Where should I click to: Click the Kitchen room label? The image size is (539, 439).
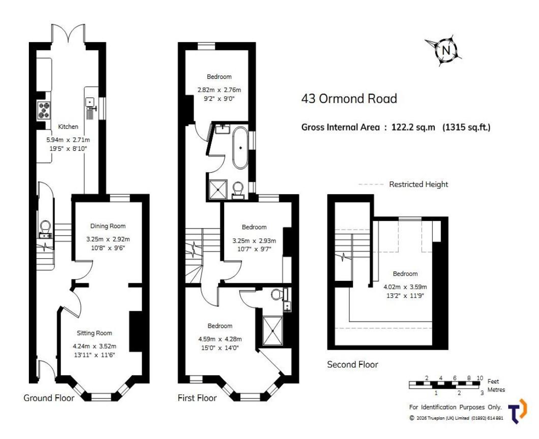click(x=68, y=127)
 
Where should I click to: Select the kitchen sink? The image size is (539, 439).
click(x=90, y=102)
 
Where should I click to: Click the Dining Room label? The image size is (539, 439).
click(x=108, y=226)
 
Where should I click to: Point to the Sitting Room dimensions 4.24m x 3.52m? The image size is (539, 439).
click(x=95, y=346)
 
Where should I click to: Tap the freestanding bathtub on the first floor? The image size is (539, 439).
click(x=241, y=148)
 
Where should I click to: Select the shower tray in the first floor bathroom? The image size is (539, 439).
click(x=218, y=189)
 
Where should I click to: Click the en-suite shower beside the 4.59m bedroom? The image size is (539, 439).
click(x=273, y=331)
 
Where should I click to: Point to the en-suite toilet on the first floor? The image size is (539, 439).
click(x=277, y=294)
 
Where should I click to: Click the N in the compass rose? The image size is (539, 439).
click(x=446, y=50)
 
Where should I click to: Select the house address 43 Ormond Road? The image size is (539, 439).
click(x=349, y=98)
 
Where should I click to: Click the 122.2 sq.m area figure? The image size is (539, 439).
click(x=413, y=127)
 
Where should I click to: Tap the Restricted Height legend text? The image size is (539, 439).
click(x=419, y=185)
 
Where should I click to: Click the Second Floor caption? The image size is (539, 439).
click(x=353, y=365)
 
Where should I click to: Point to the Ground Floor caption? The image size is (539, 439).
click(x=49, y=398)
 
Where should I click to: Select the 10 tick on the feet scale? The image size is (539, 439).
click(x=479, y=378)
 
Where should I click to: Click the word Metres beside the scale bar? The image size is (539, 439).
click(x=497, y=390)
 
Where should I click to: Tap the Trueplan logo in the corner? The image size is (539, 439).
click(x=518, y=411)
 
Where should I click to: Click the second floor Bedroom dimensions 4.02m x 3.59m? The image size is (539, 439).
click(x=405, y=287)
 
